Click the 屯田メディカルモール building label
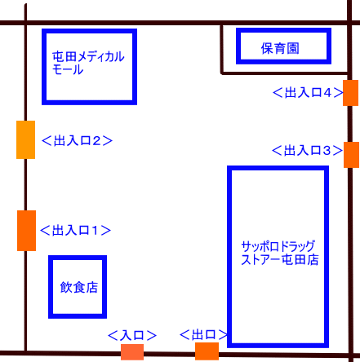point(88,63)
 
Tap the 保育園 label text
point(280,49)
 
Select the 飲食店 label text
point(79,287)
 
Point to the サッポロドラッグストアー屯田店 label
point(280,253)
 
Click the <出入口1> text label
point(75,230)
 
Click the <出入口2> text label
point(77,140)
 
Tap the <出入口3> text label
point(307,150)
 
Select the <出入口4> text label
point(308,93)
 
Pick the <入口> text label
point(132,335)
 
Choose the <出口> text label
point(204,334)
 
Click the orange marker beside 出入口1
point(26,231)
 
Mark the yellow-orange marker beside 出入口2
point(25,139)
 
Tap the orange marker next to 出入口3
point(351,155)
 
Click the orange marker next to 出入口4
point(350,93)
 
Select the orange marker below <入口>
point(132,352)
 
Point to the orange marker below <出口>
point(207,351)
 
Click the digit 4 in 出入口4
point(327,93)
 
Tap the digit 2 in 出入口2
point(96,141)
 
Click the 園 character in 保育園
point(293,49)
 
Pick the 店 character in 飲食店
point(92,288)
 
